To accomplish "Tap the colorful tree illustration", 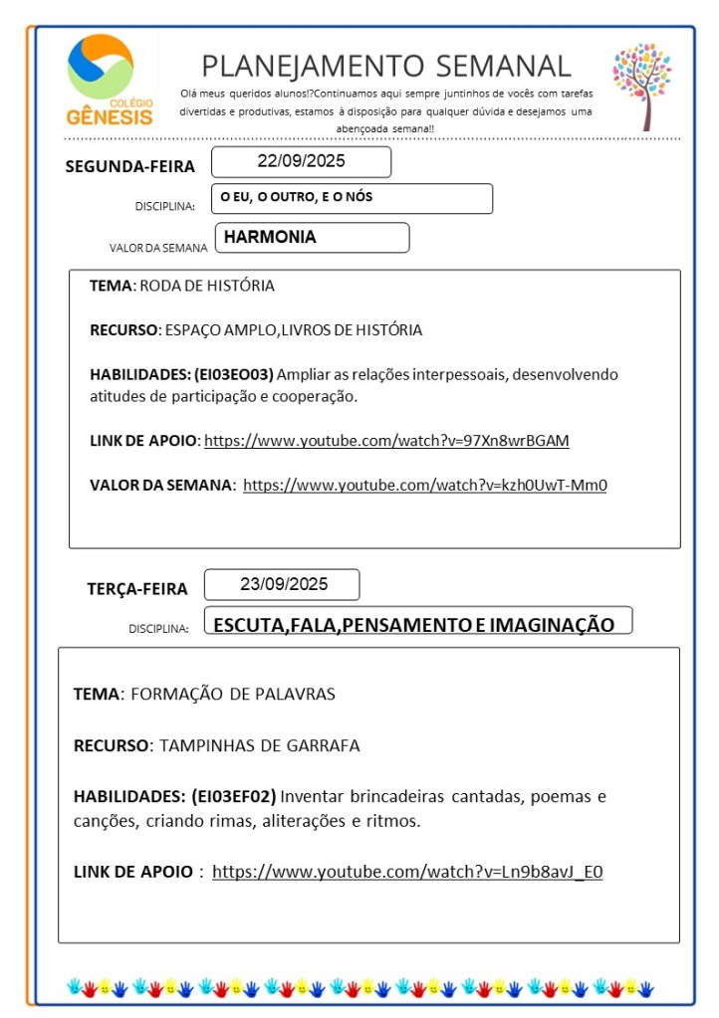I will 641,85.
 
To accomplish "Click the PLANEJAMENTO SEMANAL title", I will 386,66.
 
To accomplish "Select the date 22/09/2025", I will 301,161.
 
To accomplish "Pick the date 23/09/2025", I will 283,584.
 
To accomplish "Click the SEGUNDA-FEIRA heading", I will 130,166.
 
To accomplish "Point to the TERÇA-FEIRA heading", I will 137,589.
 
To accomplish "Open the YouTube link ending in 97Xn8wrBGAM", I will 386,440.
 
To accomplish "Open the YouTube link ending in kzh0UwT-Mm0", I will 425,486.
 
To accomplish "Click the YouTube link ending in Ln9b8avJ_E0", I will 407,872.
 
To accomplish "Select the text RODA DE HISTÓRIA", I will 207,286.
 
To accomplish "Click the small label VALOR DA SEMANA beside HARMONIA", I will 158,248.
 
